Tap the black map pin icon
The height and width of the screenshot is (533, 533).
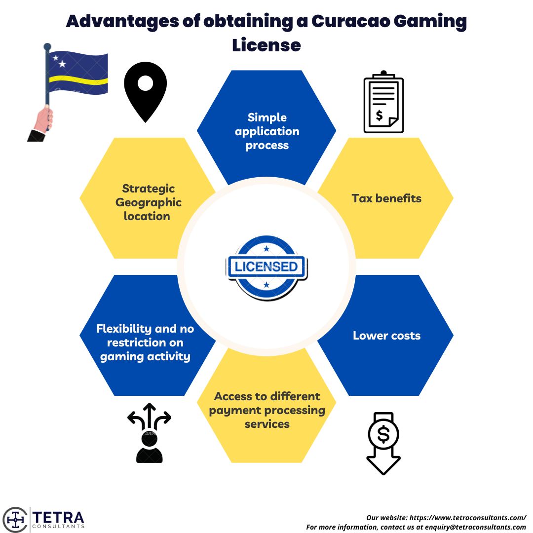pyautogui.click(x=145, y=91)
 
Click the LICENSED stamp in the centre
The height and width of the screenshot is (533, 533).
pyautogui.click(x=266, y=267)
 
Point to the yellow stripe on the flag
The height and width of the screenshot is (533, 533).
pyautogui.click(x=79, y=79)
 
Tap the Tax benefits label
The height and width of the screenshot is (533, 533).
pyautogui.click(x=386, y=198)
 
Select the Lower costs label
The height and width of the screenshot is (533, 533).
pyautogui.click(x=386, y=336)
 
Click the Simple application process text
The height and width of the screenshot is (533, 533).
pyautogui.click(x=267, y=131)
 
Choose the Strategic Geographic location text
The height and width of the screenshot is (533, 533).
pyautogui.click(x=148, y=202)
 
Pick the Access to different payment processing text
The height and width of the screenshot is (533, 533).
pyautogui.click(x=267, y=410)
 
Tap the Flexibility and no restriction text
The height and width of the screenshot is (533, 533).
pyautogui.click(x=146, y=343)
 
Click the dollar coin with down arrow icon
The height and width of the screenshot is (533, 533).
pyautogui.click(x=383, y=443)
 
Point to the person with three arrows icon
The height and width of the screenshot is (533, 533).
pyautogui.click(x=149, y=433)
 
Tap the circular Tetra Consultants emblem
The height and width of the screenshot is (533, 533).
pyautogui.click(x=15, y=519)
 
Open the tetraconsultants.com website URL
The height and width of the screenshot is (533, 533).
pyautogui.click(x=467, y=518)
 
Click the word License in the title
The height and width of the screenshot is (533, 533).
pyautogui.click(x=266, y=45)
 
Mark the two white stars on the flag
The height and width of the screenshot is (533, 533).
pyautogui.click(x=59, y=62)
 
